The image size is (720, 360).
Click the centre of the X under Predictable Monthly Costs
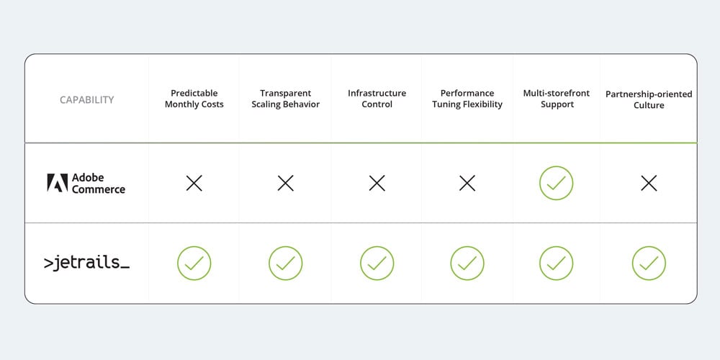tap(194, 183)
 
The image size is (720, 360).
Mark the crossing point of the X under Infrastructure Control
tap(377, 183)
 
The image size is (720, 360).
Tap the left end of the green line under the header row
tap(24, 143)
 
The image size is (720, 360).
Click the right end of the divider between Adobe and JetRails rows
tap(697, 223)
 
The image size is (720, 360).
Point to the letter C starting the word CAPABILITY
tap(63, 99)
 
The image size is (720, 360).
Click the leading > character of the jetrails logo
tap(48, 263)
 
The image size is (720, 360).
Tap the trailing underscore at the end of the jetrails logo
tap(124, 267)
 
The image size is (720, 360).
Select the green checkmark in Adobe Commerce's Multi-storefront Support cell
tap(556, 183)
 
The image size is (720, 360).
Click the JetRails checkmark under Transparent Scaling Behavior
tap(286, 263)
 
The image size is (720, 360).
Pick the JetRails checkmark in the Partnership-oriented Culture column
tap(649, 263)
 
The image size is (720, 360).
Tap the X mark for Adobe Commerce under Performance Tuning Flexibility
tap(467, 183)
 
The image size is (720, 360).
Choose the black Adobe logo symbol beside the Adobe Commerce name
tap(58, 182)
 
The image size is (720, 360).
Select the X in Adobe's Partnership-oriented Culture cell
tap(649, 183)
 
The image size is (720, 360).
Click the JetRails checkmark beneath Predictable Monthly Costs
tap(194, 263)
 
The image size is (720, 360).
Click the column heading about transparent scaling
tap(286, 99)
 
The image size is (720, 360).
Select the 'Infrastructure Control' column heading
tap(377, 99)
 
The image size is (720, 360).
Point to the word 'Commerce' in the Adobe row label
tap(98, 189)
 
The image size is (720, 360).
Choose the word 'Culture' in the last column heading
tap(649, 105)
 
